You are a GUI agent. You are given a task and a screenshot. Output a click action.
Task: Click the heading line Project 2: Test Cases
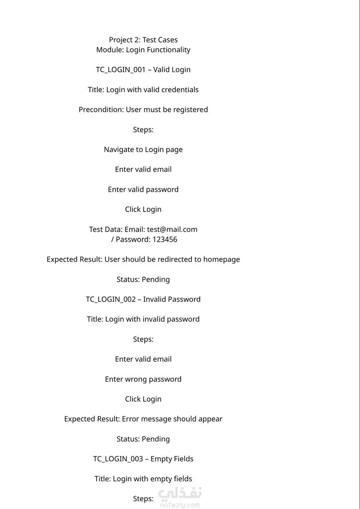coord(143,40)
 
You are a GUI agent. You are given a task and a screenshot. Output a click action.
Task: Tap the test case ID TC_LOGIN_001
coord(121,70)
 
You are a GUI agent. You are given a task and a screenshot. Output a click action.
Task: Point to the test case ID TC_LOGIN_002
coord(111,299)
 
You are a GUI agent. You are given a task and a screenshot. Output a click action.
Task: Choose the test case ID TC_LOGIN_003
coord(118,459)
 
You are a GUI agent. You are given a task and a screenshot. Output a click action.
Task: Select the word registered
coord(191,110)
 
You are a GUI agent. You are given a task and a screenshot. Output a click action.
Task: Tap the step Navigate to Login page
coord(143,150)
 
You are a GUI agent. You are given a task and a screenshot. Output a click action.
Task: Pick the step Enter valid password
coord(143,190)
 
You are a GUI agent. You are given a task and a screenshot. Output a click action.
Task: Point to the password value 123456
coord(165,239)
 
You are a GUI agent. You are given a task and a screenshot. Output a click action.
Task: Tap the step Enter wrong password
coord(143,379)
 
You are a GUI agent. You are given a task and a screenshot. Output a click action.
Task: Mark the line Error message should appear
coord(172,419)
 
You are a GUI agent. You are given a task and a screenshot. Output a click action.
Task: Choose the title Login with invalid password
coord(152,319)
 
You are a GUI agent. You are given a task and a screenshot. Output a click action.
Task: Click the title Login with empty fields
coord(152,479)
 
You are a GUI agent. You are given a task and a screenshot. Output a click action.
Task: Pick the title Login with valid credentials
coord(152,90)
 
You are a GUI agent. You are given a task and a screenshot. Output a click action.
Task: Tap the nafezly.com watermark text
coord(180,505)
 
